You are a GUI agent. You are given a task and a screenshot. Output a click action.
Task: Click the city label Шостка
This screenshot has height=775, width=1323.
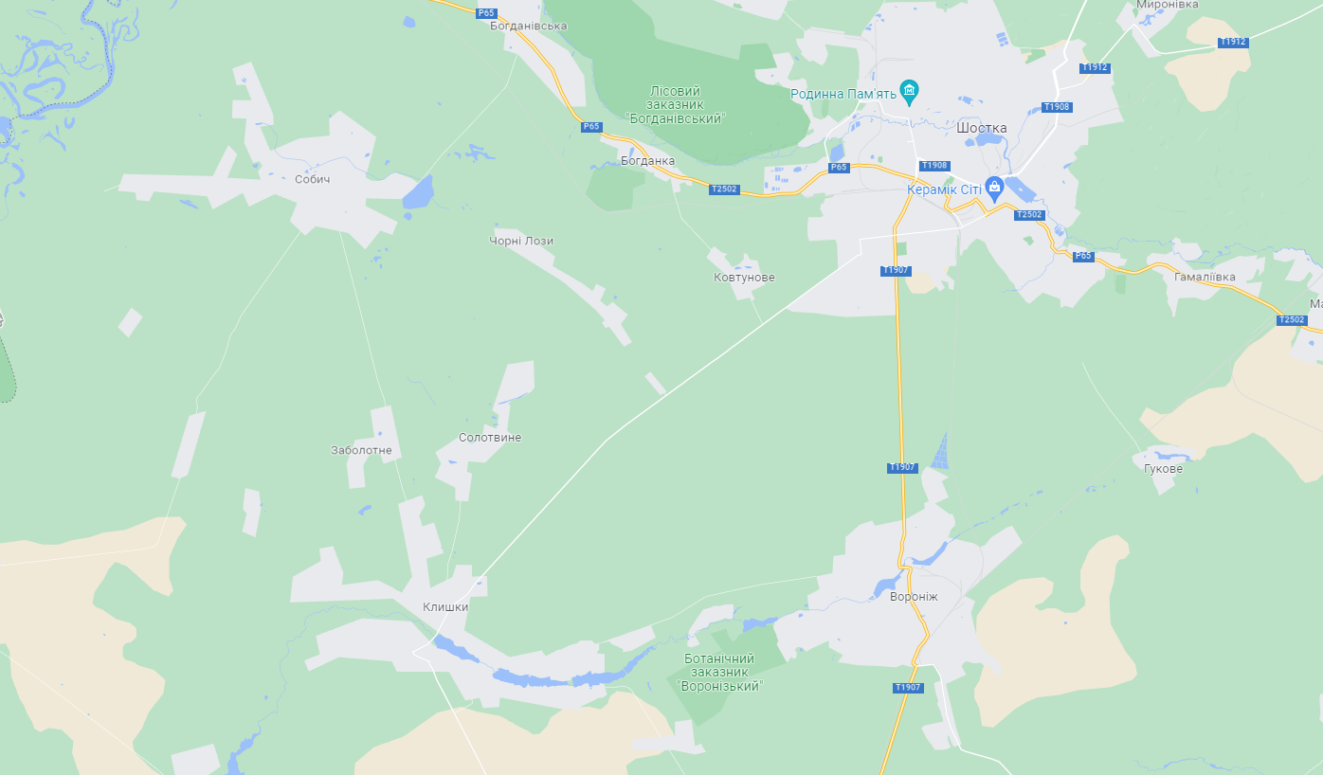pos(982,128)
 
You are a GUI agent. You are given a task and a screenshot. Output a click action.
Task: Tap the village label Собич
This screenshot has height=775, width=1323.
pos(312,179)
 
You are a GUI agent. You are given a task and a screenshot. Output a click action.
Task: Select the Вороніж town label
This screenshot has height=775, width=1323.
pos(914,597)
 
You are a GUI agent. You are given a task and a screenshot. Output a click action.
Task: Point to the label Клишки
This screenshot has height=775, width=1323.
pos(445,607)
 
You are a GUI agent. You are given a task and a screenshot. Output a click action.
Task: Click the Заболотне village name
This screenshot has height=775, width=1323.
pos(361,451)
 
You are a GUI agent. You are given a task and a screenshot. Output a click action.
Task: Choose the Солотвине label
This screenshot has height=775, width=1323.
pos(490,438)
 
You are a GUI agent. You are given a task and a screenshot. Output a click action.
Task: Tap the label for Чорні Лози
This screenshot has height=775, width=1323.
pos(522,241)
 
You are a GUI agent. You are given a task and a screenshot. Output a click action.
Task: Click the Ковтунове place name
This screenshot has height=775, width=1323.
pos(744,278)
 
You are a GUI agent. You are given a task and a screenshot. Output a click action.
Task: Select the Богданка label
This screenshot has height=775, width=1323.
pos(647,161)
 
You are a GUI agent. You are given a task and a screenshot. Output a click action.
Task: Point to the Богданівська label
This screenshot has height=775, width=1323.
pos(528,26)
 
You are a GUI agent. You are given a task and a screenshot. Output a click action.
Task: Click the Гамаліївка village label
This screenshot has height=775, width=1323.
pos(1205,278)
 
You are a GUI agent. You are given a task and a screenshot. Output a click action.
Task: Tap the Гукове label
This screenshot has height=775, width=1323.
pos(1163,468)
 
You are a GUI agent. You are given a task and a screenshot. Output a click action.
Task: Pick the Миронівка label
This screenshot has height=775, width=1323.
pos(1168,5)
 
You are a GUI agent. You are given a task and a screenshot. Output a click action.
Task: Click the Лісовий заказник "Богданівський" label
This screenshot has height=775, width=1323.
pos(675,104)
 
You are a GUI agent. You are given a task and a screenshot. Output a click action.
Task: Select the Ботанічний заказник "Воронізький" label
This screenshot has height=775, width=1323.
pos(721,672)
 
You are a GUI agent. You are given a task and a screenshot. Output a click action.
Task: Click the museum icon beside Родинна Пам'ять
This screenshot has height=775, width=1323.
pos(910,93)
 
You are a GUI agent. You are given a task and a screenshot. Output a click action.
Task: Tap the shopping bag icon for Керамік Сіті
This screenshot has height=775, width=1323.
pos(994,187)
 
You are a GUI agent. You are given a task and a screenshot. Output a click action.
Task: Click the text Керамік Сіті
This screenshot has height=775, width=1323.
pos(944,189)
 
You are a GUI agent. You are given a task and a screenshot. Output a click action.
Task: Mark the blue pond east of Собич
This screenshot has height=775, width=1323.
pos(418,192)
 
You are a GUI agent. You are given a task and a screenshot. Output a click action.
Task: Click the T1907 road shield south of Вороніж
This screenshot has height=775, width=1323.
pos(907,688)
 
